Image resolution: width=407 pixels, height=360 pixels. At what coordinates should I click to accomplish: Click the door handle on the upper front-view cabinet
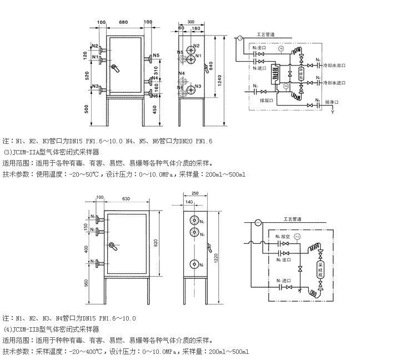(x=115, y=68)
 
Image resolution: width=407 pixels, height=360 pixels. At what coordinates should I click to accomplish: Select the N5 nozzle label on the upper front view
(x=157, y=55)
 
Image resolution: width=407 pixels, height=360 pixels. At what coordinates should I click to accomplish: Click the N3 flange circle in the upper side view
(x=191, y=87)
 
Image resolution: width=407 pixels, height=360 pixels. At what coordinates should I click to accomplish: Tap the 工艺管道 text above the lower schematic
(x=292, y=218)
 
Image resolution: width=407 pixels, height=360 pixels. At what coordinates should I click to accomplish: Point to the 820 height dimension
(x=158, y=244)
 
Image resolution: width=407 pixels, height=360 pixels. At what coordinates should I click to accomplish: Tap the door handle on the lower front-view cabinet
(x=113, y=246)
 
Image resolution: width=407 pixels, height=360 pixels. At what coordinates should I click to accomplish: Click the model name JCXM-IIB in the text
(x=30, y=329)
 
